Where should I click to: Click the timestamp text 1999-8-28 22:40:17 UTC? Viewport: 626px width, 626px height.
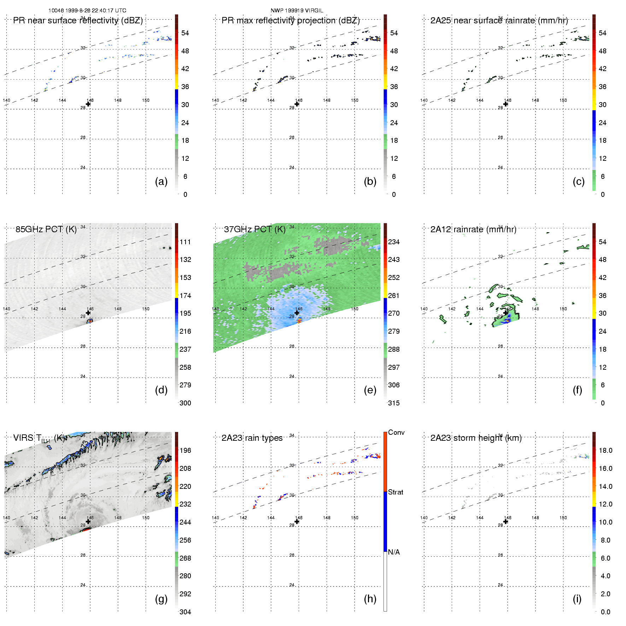click(x=95, y=11)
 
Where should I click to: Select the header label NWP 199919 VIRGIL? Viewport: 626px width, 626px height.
click(x=297, y=11)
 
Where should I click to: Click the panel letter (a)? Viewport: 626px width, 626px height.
click(x=161, y=181)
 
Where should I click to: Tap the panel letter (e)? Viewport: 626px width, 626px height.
click(x=370, y=390)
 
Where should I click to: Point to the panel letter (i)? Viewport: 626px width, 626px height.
click(x=577, y=599)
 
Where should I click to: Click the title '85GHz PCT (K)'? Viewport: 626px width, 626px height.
click(x=46, y=229)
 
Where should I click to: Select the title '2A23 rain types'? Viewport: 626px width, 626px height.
click(x=252, y=438)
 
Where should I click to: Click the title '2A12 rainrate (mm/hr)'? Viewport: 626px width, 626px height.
click(x=473, y=229)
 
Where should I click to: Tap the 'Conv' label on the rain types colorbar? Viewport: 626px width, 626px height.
click(x=396, y=432)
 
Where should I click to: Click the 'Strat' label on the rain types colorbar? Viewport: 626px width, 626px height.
click(x=396, y=492)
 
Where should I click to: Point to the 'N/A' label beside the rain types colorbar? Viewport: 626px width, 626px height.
click(x=394, y=552)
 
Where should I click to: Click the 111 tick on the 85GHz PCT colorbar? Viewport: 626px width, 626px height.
click(x=185, y=242)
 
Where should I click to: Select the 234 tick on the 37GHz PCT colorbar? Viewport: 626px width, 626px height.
click(x=394, y=242)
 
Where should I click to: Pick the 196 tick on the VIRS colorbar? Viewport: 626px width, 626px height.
click(x=185, y=450)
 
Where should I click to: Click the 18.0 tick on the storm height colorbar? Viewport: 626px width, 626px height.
click(x=605, y=450)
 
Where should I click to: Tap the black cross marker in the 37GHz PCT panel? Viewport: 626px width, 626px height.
click(x=297, y=313)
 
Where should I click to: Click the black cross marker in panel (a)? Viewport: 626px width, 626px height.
click(x=88, y=104)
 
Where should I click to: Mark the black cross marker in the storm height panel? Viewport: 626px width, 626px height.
click(x=505, y=521)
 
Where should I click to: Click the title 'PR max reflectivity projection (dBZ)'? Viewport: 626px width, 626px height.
click(x=291, y=21)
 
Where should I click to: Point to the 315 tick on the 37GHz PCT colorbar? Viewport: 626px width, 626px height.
click(x=394, y=403)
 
